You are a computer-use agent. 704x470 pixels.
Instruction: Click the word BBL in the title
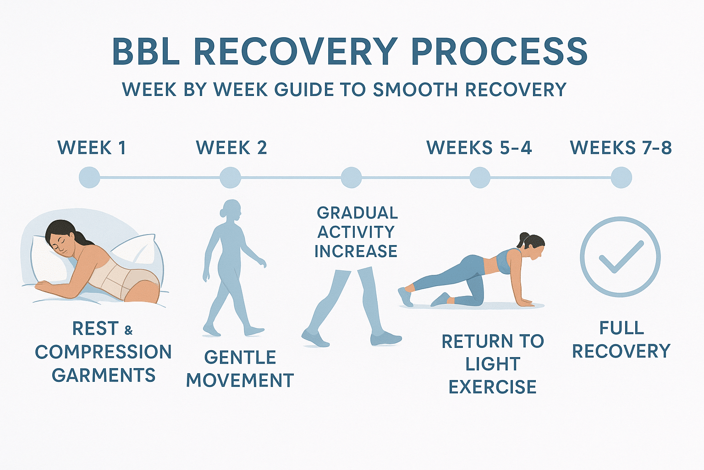click(x=146, y=51)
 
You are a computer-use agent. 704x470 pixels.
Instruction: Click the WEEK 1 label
click(x=92, y=148)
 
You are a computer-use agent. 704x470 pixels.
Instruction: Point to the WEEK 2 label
click(x=231, y=148)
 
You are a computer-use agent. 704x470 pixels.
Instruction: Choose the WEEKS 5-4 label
click(x=479, y=148)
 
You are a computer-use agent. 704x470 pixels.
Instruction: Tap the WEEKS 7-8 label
click(x=621, y=148)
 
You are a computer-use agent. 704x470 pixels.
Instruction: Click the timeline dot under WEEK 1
click(x=89, y=178)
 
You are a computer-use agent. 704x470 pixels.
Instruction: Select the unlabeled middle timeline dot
click(x=351, y=178)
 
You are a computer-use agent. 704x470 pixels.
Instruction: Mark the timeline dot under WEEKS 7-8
click(x=621, y=178)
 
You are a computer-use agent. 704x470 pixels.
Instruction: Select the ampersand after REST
click(x=128, y=330)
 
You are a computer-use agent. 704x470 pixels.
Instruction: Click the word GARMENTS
click(x=104, y=375)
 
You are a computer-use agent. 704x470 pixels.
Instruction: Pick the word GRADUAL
click(x=357, y=213)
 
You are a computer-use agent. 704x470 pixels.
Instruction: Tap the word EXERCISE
click(x=492, y=387)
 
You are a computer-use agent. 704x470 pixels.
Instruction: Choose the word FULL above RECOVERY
click(x=621, y=328)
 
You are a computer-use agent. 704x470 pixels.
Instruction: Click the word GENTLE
click(x=240, y=357)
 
